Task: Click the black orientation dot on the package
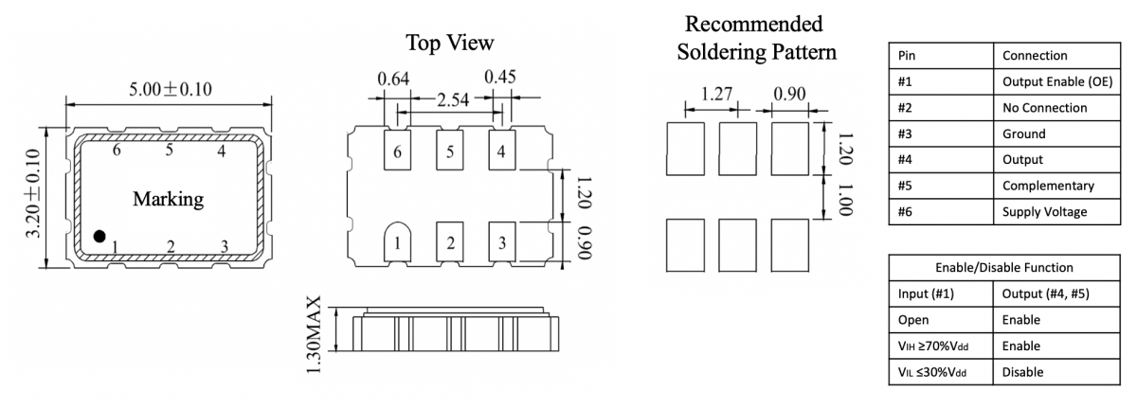tap(99, 235)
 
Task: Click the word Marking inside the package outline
tap(168, 200)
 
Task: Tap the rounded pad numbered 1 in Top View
tap(399, 242)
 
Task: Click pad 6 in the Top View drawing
tap(399, 151)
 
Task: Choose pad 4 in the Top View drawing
tap(501, 151)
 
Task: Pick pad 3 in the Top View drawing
tap(501, 242)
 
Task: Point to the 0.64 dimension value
tap(393, 79)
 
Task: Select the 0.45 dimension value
tap(501, 79)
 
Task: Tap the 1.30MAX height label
tap(316, 335)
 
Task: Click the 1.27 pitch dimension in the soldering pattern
tap(717, 96)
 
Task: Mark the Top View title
tap(450, 44)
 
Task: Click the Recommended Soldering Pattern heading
tap(755, 38)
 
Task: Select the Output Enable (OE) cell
tap(1049, 81)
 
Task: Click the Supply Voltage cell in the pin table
tap(1044, 211)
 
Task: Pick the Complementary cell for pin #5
tap(1048, 186)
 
